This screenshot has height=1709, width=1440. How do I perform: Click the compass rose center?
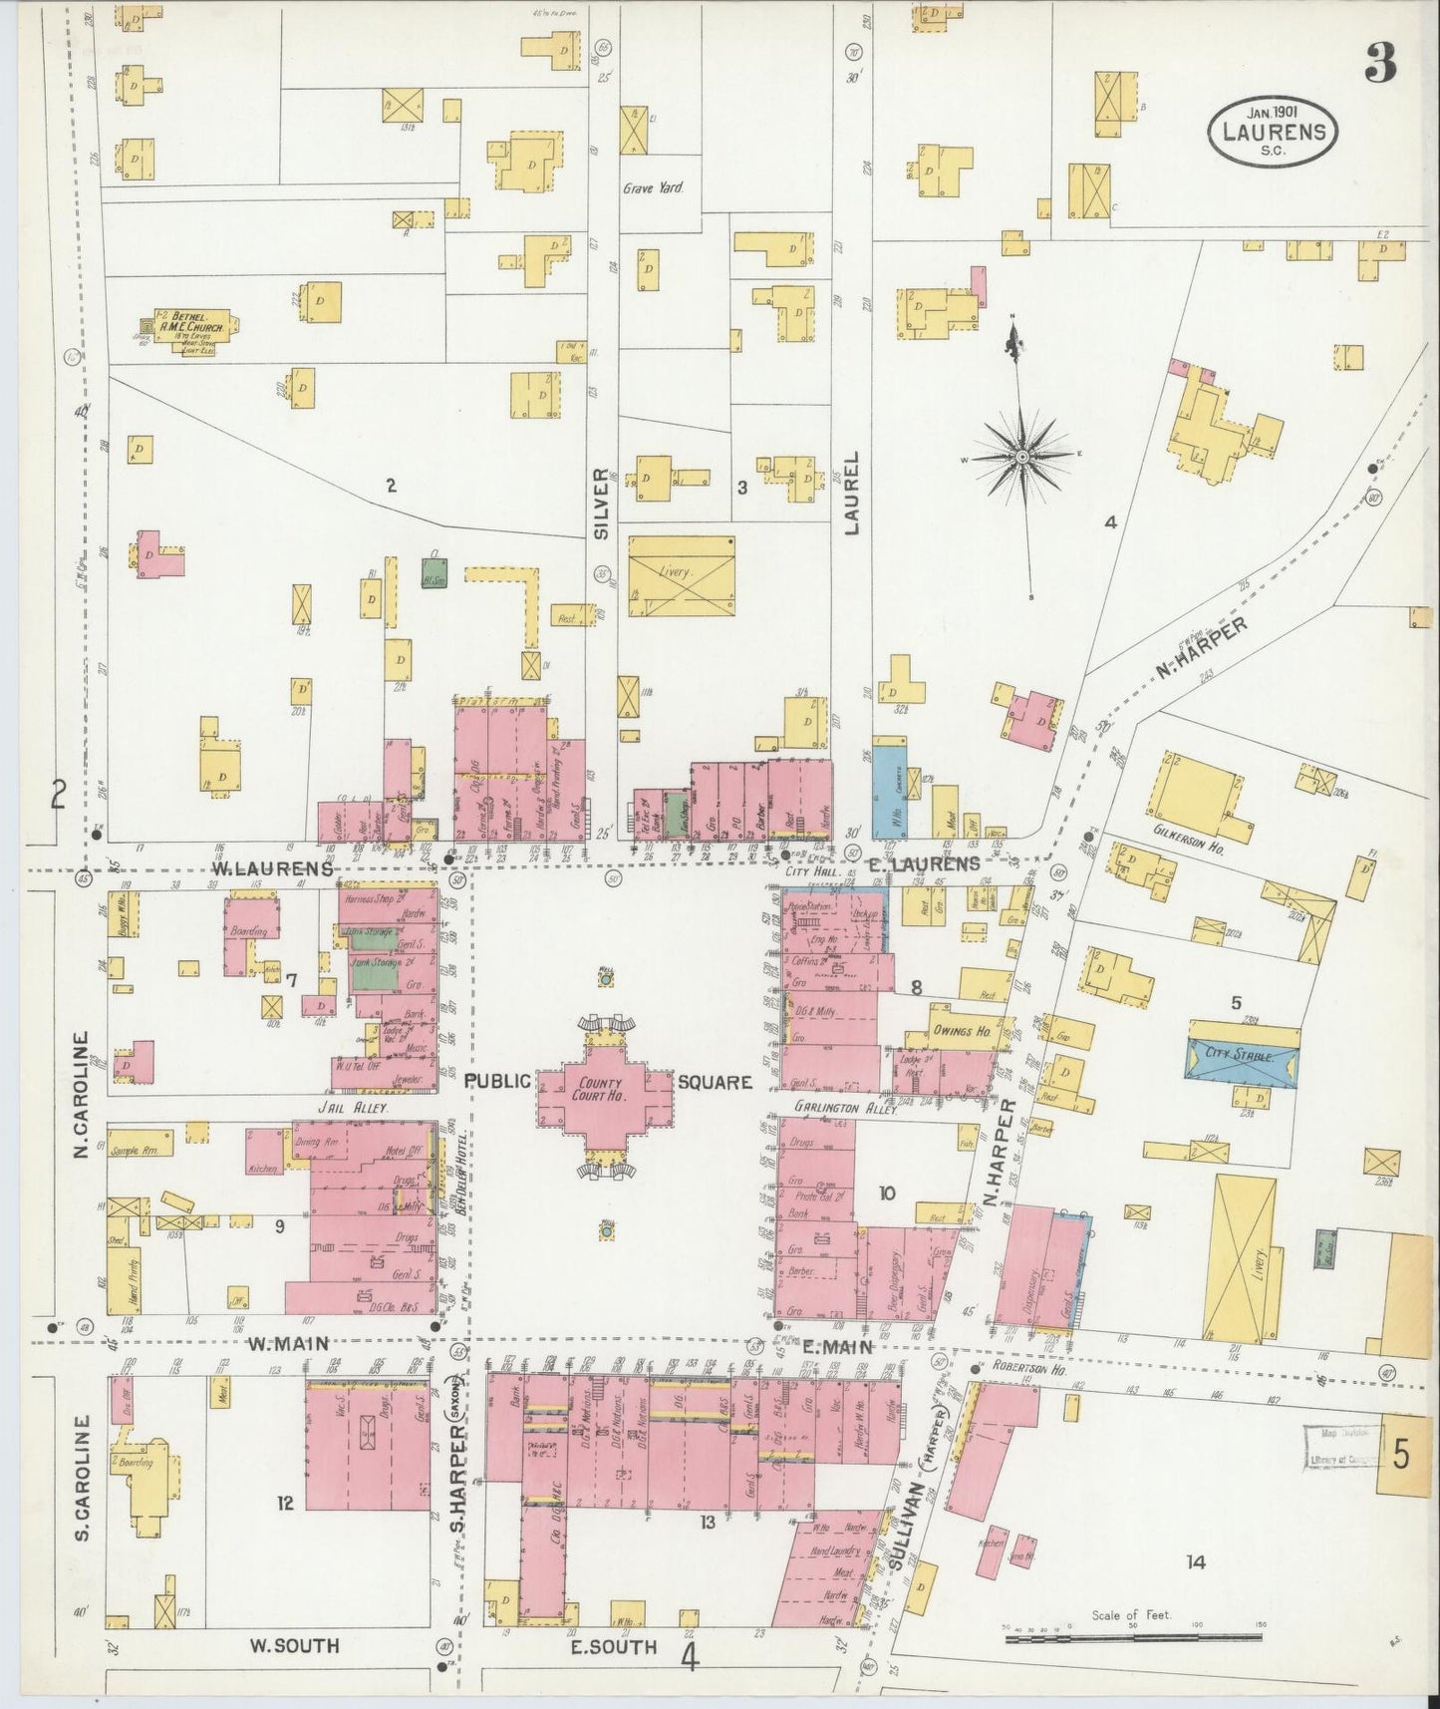(x=1023, y=456)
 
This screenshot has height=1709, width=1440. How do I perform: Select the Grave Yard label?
(x=652, y=186)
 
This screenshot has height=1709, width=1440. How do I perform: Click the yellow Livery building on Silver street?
(x=682, y=574)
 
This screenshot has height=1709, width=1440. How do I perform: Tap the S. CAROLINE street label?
(x=83, y=1468)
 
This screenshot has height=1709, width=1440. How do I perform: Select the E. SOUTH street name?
(x=614, y=1647)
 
